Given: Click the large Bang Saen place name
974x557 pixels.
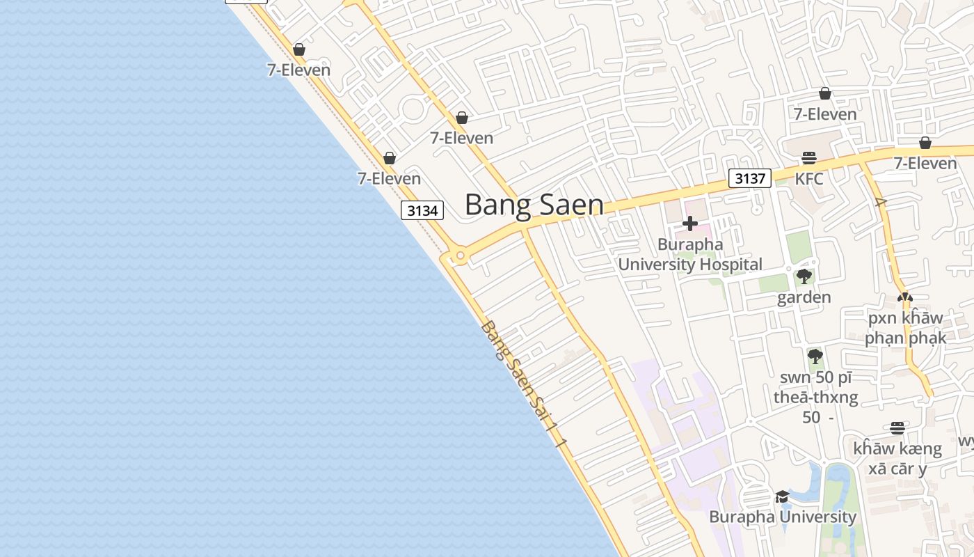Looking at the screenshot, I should point(534,205).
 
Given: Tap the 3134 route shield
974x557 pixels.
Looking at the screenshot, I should point(422,210).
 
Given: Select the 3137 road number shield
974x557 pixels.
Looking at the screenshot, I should point(750,178).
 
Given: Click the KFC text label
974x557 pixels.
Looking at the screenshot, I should point(809,179).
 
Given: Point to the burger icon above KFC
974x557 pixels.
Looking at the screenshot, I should point(808,158).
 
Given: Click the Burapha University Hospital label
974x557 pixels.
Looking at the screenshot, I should point(690,255).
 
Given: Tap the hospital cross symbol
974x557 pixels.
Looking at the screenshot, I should point(690,223).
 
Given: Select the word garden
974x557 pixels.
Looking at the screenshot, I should point(804,297).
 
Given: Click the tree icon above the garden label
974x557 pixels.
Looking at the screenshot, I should point(804,276).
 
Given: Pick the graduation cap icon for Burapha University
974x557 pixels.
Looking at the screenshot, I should point(783,496).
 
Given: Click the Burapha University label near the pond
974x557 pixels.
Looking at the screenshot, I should point(783,517).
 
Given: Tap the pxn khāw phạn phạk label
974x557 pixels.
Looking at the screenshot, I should point(905,328).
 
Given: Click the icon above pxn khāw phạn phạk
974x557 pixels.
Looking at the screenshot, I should point(905,297).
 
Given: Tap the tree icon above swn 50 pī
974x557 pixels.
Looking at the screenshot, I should point(815,357).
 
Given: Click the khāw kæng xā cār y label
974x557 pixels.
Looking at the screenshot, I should point(897,458).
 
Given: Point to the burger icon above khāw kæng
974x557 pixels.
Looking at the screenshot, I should point(897,427).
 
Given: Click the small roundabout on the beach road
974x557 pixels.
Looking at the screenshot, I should point(459,256).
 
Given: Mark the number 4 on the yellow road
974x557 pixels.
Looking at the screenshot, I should point(881,203).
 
